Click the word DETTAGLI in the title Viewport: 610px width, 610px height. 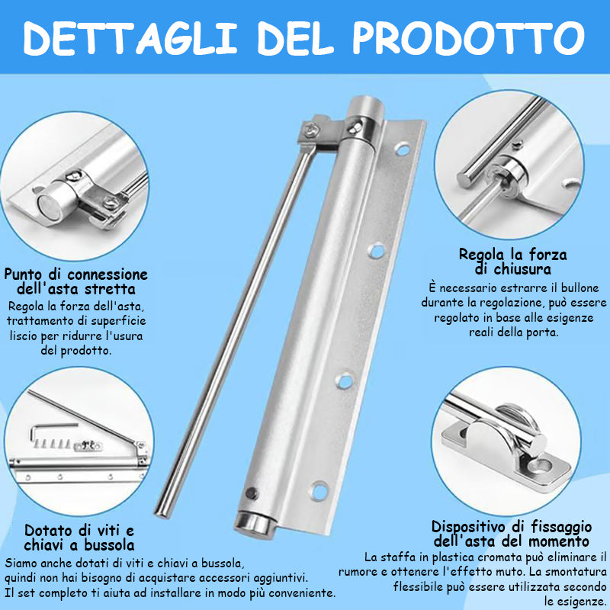tap(130, 37)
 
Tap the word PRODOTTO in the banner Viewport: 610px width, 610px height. tap(468, 37)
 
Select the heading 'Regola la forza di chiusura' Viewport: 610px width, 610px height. tap(512, 262)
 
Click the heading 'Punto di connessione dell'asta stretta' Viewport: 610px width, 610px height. tap(75, 281)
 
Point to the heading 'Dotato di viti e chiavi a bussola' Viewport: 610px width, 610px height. tap(79, 538)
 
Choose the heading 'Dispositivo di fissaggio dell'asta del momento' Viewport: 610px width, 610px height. tap(512, 534)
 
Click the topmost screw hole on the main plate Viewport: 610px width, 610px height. tap(403, 149)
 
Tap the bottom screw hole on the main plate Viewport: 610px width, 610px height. tap(319, 490)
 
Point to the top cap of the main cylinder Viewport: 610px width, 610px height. tap(365, 106)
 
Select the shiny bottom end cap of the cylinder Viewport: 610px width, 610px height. tap(255, 525)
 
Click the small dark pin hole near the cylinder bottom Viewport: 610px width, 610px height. tap(252, 493)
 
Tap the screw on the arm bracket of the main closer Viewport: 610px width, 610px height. tap(311, 130)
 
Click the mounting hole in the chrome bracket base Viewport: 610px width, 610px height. tap(543, 464)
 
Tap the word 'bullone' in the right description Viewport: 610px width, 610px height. tap(579, 288)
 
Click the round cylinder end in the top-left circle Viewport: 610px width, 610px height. tap(50, 206)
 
